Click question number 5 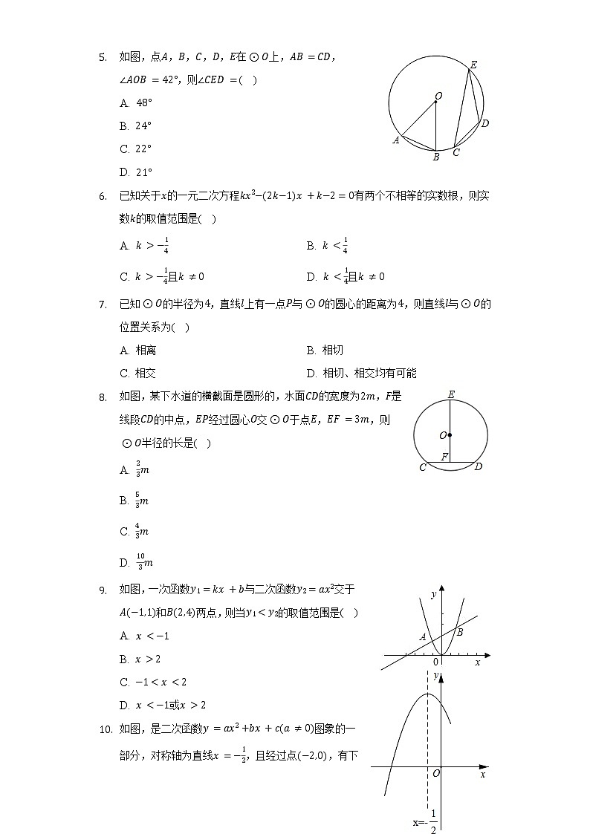coord(103,56)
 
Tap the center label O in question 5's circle coord(438,96)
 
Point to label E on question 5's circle coord(473,65)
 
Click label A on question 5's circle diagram coord(396,140)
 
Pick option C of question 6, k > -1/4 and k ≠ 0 coord(162,276)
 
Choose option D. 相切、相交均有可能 coord(361,373)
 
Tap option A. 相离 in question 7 coord(137,350)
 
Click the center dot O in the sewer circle coord(450,435)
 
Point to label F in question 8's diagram coord(444,457)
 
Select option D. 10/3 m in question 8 coord(136,562)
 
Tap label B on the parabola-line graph coord(460,632)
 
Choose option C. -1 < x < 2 coord(153,682)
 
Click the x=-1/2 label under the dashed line coord(426,822)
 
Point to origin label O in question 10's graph coord(436,774)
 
